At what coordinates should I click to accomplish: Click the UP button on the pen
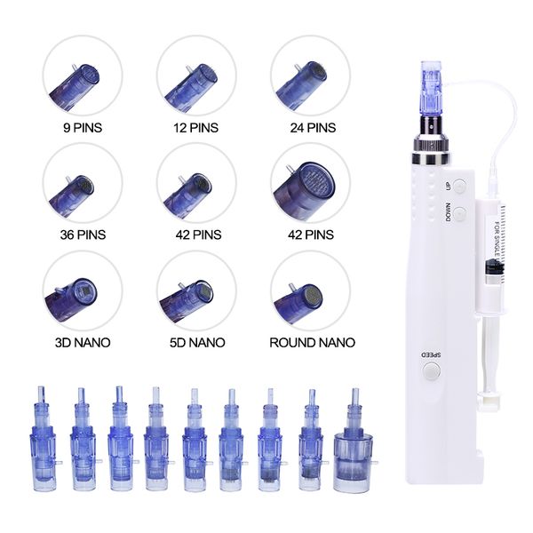click(460, 186)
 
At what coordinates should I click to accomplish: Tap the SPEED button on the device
click(432, 370)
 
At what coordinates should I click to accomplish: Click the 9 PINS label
click(83, 128)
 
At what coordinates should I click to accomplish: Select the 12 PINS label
click(196, 128)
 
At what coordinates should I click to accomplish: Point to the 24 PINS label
click(313, 128)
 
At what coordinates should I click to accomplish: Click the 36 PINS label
click(83, 235)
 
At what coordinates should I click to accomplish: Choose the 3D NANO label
click(83, 342)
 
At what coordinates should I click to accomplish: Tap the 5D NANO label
click(197, 342)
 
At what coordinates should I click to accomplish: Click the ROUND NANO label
click(313, 342)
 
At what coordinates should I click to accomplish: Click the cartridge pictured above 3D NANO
click(70, 298)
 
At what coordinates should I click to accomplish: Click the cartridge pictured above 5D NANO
click(187, 298)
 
